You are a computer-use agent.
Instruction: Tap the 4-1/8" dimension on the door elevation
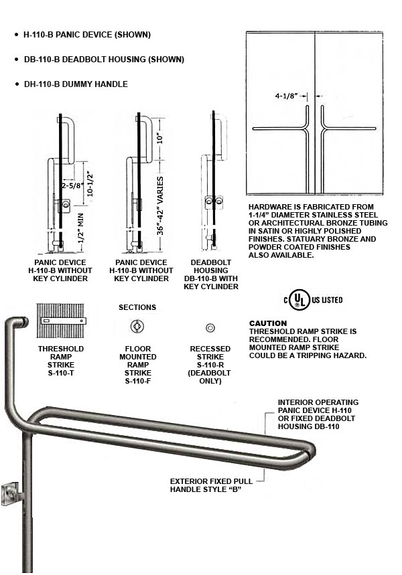[286, 95]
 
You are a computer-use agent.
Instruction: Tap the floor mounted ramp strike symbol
[137, 327]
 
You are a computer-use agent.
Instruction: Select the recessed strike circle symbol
[210, 327]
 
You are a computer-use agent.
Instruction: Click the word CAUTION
[268, 323]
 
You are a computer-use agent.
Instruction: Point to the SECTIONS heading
[137, 307]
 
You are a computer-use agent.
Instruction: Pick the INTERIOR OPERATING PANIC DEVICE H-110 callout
[318, 414]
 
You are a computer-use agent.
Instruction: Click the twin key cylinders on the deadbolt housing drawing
[214, 201]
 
